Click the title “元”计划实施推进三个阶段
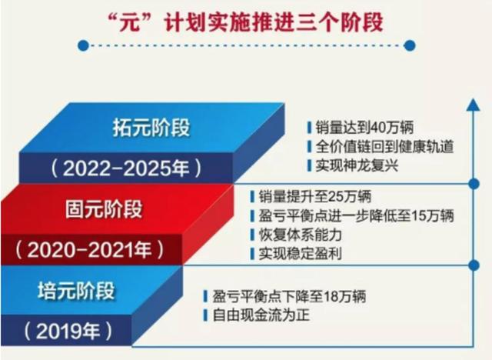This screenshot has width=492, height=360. pyautogui.click(x=244, y=22)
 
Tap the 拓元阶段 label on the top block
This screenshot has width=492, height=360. pyautogui.click(x=151, y=128)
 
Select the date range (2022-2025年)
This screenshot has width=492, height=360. pyautogui.click(x=126, y=168)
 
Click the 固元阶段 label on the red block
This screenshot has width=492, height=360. pyautogui.click(x=104, y=209)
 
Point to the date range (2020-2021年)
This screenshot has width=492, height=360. pyautogui.click(x=90, y=250)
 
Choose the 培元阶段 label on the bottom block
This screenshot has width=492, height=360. pyautogui.click(x=76, y=291)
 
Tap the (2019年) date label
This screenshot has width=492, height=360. pyautogui.click(x=68, y=331)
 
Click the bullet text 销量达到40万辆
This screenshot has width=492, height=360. pyautogui.click(x=364, y=127)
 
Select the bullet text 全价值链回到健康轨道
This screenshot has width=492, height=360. pyautogui.click(x=384, y=146)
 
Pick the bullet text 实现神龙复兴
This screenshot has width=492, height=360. pyautogui.click(x=357, y=165)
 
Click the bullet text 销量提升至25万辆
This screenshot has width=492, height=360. pyautogui.click(x=314, y=196)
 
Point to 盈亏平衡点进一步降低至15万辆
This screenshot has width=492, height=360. pyautogui.click(x=356, y=215)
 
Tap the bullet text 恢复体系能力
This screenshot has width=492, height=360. pyautogui.click(x=300, y=235)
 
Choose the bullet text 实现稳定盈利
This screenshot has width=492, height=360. pyautogui.click(x=300, y=254)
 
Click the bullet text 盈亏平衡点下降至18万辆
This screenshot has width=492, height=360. pyautogui.click(x=289, y=296)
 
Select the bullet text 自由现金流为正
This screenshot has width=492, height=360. pyautogui.click(x=261, y=315)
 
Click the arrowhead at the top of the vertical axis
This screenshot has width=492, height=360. pyautogui.click(x=474, y=105)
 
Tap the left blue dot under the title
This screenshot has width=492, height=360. pyautogui.click(x=83, y=46)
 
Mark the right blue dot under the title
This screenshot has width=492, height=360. pyautogui.click(x=409, y=46)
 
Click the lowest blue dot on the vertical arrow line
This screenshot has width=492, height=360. pyautogui.click(x=474, y=265)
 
